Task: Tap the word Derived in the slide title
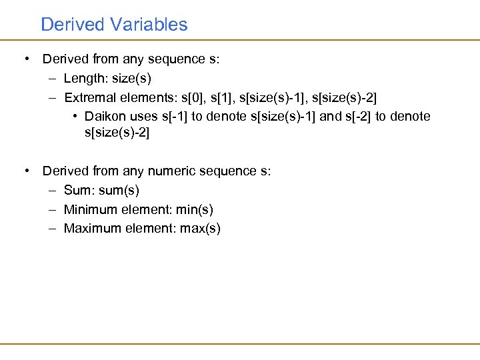(x=73, y=25)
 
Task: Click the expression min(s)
(x=194, y=209)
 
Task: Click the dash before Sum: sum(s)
(x=53, y=191)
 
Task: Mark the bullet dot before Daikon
(x=77, y=117)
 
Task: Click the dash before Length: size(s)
(x=53, y=79)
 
